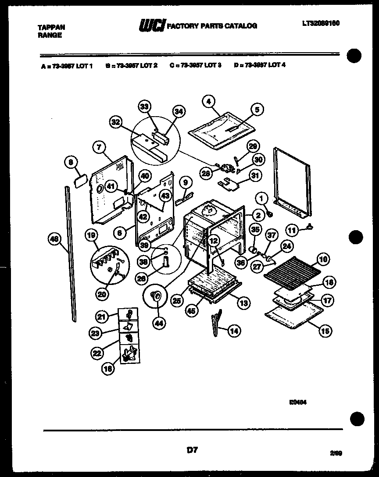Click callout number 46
[x=54, y=239]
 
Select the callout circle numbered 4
[x=209, y=101]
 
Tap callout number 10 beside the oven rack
[x=322, y=260]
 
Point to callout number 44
[x=157, y=323]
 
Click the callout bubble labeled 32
[x=116, y=123]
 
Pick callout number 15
[x=325, y=331]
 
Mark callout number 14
[x=235, y=331]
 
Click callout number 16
[x=108, y=369]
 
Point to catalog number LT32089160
[x=321, y=23]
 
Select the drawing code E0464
[x=298, y=400]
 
